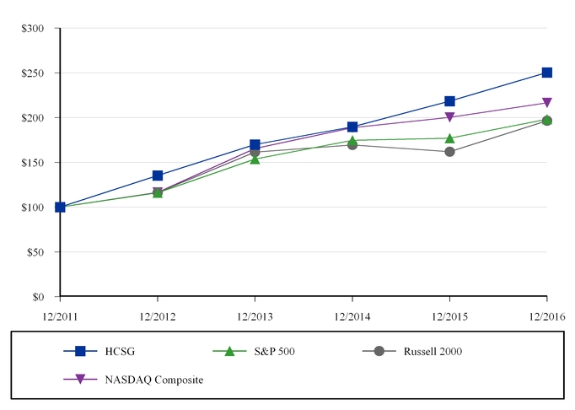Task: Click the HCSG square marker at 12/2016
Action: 547,73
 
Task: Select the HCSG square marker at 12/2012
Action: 158,175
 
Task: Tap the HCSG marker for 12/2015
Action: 449,101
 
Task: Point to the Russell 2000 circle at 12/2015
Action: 449,152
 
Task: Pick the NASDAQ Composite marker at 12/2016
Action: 547,103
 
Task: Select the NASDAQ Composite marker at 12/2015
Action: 449,117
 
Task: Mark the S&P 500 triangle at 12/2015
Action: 449,138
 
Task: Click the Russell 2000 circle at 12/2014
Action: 352,145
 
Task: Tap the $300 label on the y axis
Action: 34,29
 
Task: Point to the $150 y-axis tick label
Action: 34,163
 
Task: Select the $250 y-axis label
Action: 34,73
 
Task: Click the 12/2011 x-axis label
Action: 60,316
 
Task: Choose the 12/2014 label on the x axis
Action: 352,316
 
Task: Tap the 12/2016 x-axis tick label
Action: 547,316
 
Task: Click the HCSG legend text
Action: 120,351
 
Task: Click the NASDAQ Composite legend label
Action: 154,380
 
